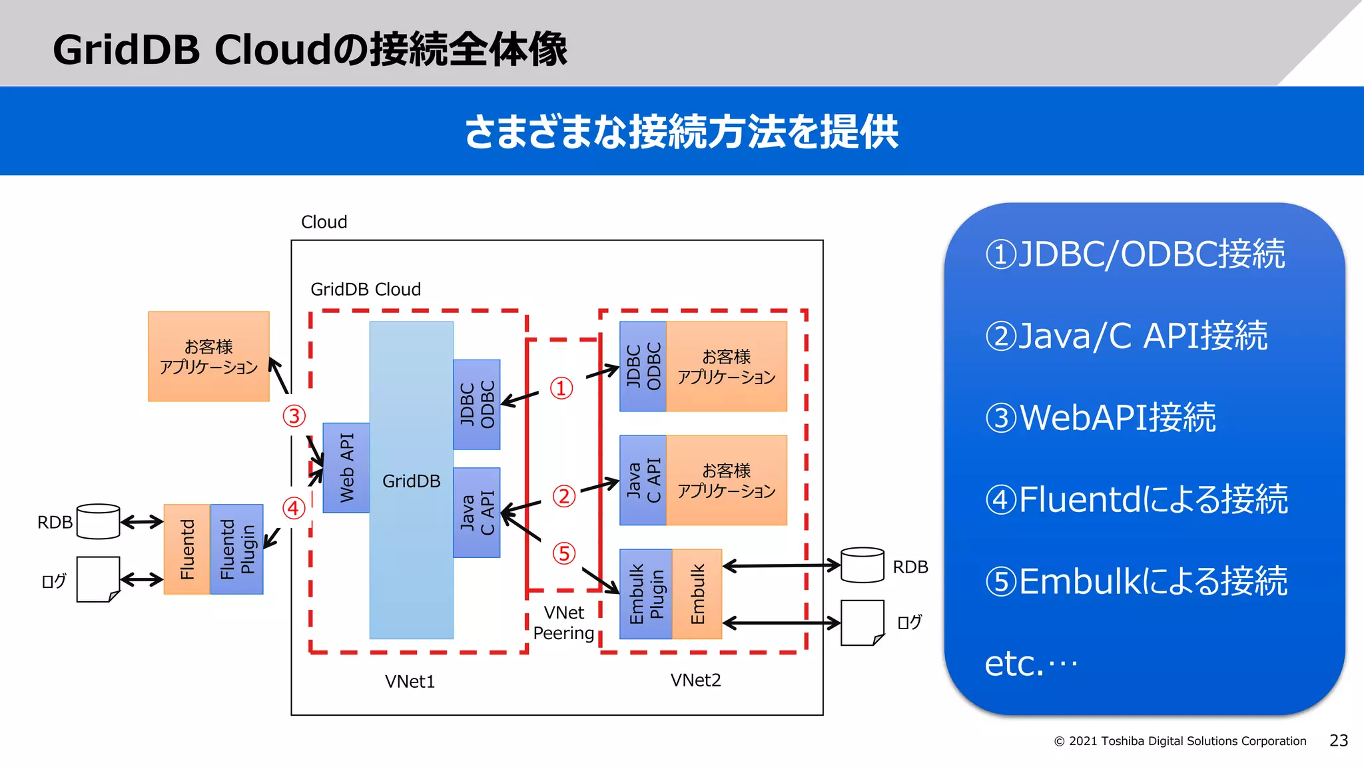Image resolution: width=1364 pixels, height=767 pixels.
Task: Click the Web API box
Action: [x=346, y=467]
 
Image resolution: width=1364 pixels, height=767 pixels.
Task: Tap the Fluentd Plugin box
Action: [x=236, y=549]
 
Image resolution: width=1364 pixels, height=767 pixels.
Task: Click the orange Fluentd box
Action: [x=187, y=549]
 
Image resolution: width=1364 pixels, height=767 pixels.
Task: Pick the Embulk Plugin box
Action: [x=645, y=594]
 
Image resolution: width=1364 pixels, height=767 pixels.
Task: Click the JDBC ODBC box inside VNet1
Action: [x=477, y=404]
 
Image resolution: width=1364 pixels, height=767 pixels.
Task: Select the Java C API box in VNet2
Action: [x=643, y=480]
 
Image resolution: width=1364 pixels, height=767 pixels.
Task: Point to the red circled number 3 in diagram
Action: [x=294, y=416]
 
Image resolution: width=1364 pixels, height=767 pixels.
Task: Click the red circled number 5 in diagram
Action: [x=563, y=553]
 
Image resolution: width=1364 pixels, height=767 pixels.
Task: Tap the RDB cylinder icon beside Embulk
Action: [x=862, y=565]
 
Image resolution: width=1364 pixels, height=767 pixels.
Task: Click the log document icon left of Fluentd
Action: [x=98, y=579]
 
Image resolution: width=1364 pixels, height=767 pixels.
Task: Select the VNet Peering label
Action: [x=563, y=623]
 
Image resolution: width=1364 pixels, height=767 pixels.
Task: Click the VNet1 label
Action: [x=410, y=681]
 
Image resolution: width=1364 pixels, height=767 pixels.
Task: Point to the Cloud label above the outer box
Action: [x=324, y=222]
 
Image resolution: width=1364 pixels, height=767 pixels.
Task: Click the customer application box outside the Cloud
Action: [x=208, y=356]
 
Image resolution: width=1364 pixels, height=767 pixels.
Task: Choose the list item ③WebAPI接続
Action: [x=1100, y=417]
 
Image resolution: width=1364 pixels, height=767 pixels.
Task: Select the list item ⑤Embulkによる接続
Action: [x=1136, y=581]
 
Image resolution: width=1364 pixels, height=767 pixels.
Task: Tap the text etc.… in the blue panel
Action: [x=1030, y=663]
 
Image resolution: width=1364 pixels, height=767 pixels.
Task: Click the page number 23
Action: [x=1338, y=740]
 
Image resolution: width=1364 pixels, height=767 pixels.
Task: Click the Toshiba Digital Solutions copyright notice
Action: [x=1180, y=741]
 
